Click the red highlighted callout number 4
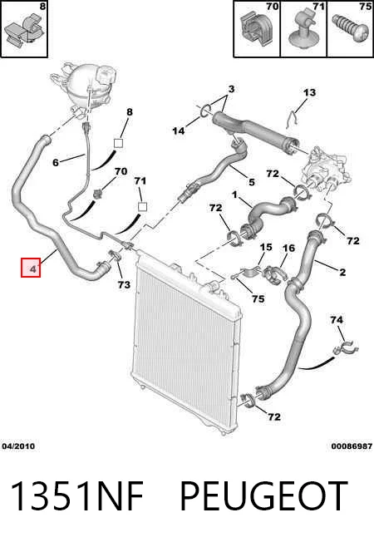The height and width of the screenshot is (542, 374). coord(31,268)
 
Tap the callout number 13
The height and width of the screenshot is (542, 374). coord(309,92)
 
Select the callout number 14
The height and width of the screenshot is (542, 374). coord(179,131)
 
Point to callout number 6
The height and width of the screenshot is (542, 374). coord(56,162)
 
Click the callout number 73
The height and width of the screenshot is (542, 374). coord(124,284)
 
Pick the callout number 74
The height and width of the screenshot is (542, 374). coord(337,320)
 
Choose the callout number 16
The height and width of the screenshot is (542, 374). coord(288,248)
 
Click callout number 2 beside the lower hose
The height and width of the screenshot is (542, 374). coord(342,272)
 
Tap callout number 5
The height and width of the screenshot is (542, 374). coord(252,182)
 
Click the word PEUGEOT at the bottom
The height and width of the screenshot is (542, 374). coord(264,496)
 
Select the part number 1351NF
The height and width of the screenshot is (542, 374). coord(77,496)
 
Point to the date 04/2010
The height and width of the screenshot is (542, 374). coord(18,446)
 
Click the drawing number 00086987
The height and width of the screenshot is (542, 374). coord(352,446)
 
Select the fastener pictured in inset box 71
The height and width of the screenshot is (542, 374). coord(303,28)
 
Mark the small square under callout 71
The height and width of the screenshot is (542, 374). coord(142,207)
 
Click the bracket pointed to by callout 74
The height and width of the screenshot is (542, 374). coord(345,348)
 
